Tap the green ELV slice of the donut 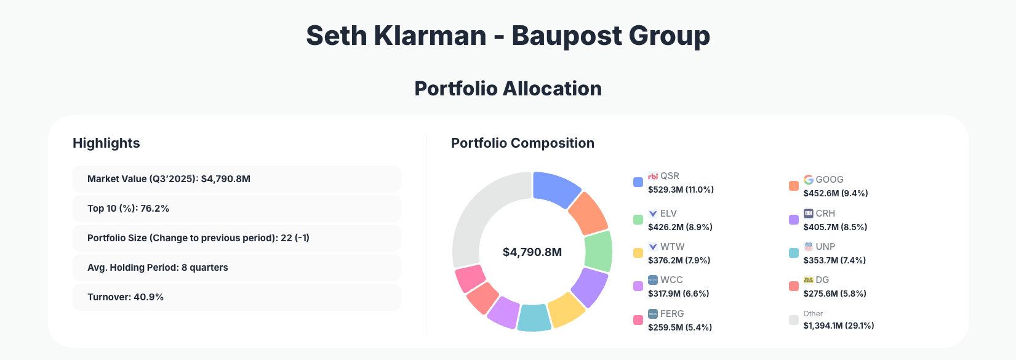[598, 251]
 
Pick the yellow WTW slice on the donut [566, 310]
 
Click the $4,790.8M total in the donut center [532, 252]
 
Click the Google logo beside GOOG [808, 180]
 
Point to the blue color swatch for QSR [638, 182]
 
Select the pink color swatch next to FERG [638, 320]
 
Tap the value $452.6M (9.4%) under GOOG [835, 193]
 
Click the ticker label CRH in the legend [825, 214]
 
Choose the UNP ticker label [825, 247]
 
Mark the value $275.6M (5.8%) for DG [834, 294]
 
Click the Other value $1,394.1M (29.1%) [838, 326]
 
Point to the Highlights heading [106, 143]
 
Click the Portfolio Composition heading [522, 143]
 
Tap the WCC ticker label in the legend [671, 280]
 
